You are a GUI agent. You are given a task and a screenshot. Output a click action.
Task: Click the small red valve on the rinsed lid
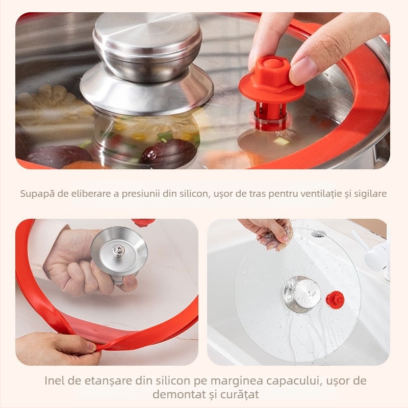coord(335,298)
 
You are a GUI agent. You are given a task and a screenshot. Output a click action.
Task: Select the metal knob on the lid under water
coord(301,294)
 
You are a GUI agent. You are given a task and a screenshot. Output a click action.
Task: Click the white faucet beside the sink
coord(376,255)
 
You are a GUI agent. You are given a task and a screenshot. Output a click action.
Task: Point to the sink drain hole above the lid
coord(318,234)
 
